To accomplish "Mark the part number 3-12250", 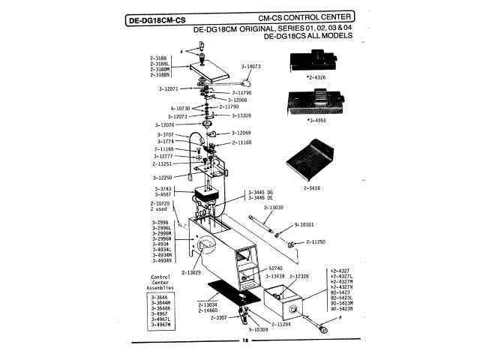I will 166,177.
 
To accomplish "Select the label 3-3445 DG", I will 260,192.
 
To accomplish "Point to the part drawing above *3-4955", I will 313,102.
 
